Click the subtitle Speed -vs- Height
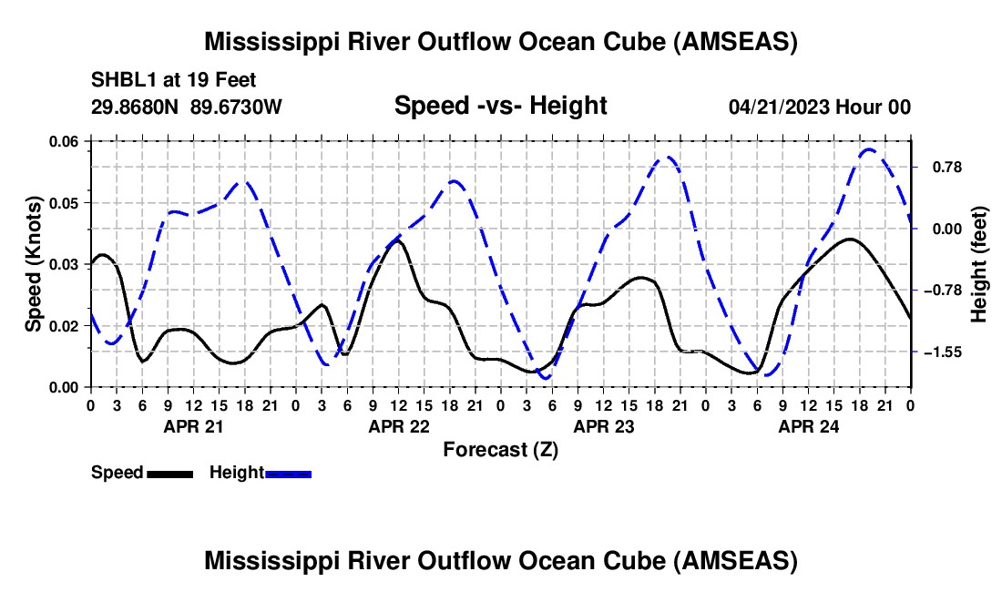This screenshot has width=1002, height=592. (x=500, y=106)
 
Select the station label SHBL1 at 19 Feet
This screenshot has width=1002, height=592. (x=173, y=80)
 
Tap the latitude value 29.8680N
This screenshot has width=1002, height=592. (x=134, y=107)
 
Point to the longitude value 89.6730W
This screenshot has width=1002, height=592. (x=236, y=107)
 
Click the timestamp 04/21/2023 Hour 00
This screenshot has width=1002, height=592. (x=820, y=107)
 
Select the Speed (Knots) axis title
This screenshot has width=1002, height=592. (x=33, y=264)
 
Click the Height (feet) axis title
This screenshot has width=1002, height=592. (x=978, y=264)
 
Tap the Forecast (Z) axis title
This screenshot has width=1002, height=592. (x=500, y=450)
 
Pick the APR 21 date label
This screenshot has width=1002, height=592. (x=194, y=426)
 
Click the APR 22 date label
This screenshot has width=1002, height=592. (x=399, y=426)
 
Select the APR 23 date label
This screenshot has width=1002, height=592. (x=604, y=426)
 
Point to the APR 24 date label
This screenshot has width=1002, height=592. (x=808, y=426)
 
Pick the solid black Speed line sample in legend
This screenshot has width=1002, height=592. (x=170, y=475)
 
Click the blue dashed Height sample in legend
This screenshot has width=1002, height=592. (x=288, y=475)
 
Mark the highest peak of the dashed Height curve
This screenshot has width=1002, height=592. (x=869, y=149)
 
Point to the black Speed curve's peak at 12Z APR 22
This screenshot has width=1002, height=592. (x=398, y=240)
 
